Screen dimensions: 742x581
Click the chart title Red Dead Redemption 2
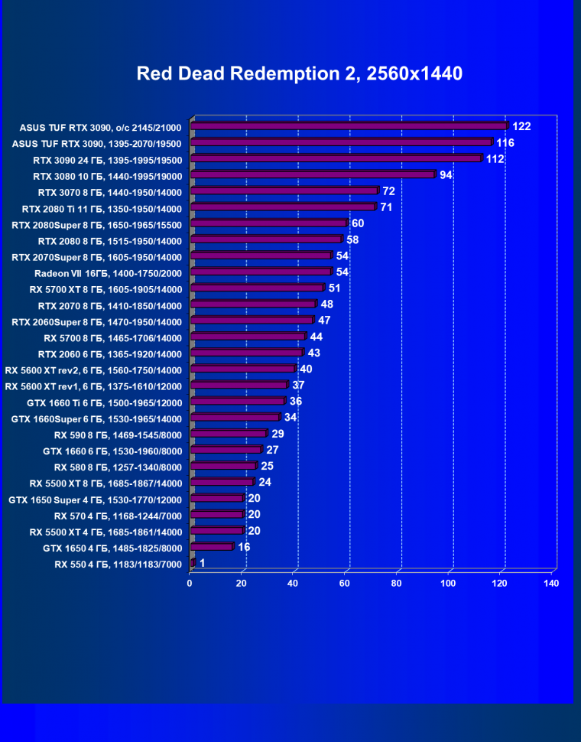299,73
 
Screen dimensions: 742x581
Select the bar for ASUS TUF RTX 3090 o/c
349,126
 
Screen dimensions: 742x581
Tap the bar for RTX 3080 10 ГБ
313,175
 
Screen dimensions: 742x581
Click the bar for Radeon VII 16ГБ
261,272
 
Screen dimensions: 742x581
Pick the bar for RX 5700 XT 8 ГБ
257,288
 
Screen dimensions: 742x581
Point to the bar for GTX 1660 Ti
238,402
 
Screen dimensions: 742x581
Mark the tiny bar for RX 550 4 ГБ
193,564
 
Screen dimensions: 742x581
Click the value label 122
521,126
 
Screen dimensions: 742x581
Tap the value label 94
446,175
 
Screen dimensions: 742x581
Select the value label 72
388,191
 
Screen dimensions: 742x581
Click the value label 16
244,548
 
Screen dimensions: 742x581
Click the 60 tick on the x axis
345,584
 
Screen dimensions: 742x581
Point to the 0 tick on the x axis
190,584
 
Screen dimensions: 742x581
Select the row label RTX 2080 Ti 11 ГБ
102,207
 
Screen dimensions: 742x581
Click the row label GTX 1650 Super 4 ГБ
95,500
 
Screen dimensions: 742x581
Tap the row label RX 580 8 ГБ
118,467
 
